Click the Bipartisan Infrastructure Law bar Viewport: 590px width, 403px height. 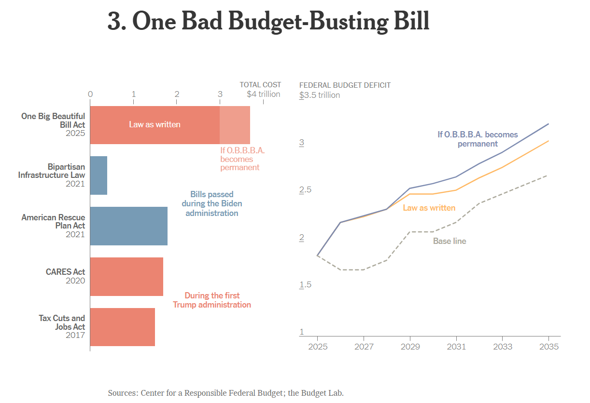(98, 175)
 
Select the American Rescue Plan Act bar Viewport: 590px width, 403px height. (128, 226)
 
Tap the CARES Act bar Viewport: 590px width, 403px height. (126, 276)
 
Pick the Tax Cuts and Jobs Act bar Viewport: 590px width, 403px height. (122, 327)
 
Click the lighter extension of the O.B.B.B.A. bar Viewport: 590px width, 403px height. (235, 125)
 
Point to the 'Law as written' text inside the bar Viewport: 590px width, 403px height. (155, 124)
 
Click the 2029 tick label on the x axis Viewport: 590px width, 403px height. (410, 347)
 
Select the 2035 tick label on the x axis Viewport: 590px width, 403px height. (548, 347)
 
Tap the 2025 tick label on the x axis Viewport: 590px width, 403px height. (317, 347)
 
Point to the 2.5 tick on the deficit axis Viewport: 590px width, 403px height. (306, 190)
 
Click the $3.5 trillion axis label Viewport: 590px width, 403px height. (320, 95)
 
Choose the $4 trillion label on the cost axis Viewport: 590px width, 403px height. (263, 94)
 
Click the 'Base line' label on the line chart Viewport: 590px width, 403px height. (450, 241)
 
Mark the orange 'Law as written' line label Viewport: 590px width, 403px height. (429, 208)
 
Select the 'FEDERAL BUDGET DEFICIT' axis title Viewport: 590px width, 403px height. (345, 85)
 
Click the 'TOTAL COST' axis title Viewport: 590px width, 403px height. (260, 85)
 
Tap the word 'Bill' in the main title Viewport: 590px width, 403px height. (408, 22)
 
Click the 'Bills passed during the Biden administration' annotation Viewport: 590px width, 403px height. (212, 203)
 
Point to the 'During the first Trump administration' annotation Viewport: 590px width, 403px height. (212, 300)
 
